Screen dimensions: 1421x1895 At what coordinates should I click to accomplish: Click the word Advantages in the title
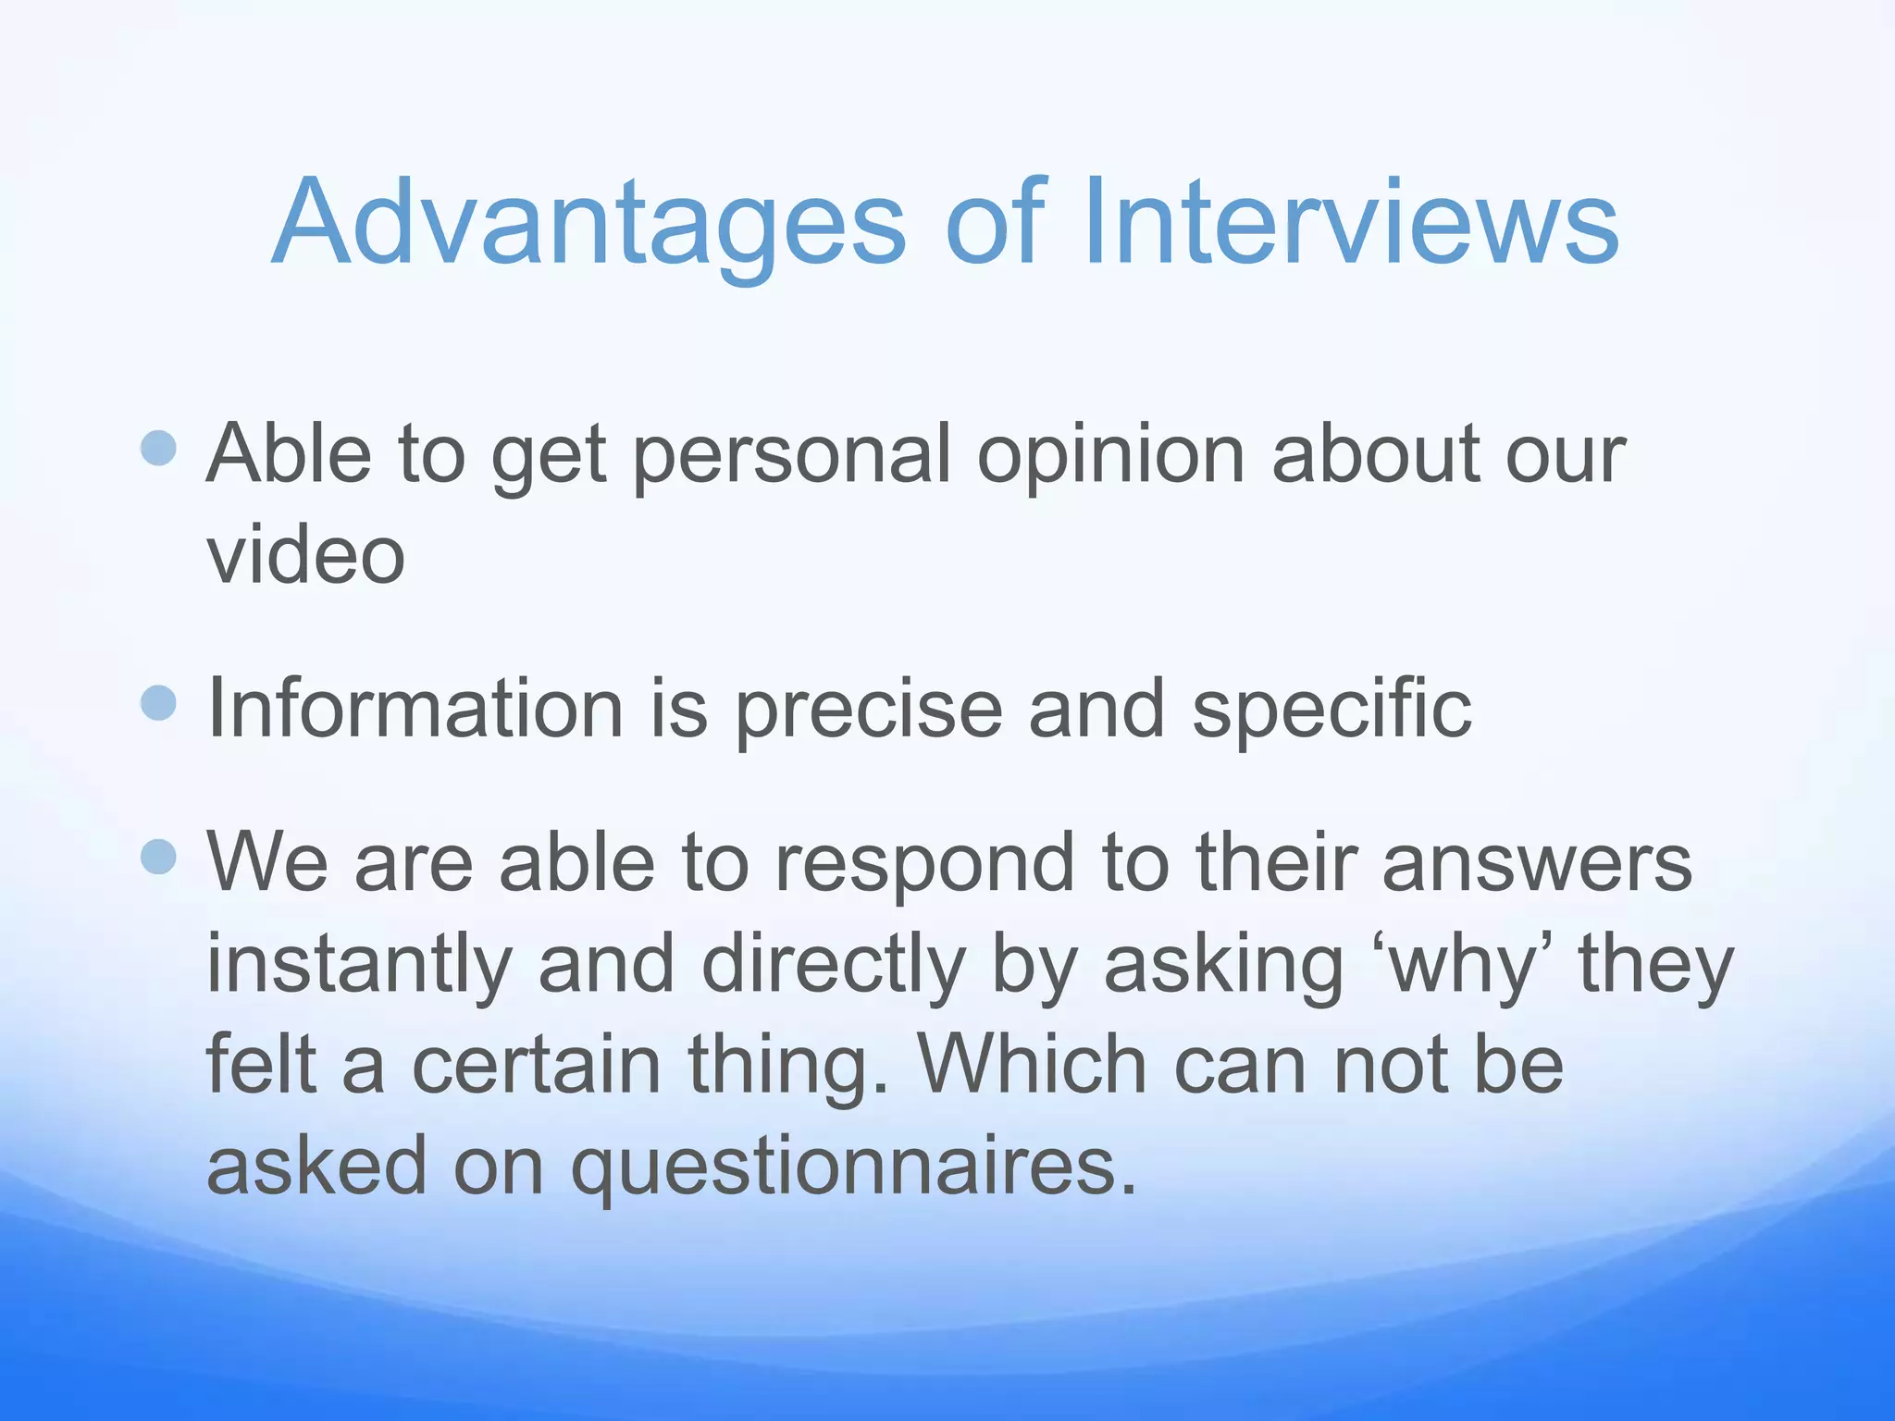click(588, 225)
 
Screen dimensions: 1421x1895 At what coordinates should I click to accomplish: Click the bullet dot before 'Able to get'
click(159, 449)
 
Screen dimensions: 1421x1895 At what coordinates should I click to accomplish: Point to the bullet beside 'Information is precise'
click(159, 703)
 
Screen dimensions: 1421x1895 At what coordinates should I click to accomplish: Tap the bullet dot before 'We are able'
click(159, 857)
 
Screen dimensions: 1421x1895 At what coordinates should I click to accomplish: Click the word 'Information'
click(415, 710)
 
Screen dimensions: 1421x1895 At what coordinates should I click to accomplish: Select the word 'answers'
click(1537, 865)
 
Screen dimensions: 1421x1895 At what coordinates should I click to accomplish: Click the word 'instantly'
click(359, 967)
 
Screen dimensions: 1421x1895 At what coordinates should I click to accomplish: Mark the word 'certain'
click(536, 1066)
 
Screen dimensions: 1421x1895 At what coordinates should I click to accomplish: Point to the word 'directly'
click(834, 967)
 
